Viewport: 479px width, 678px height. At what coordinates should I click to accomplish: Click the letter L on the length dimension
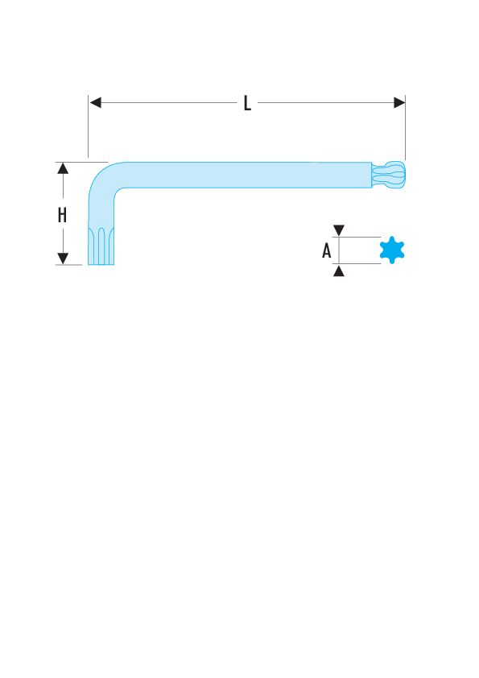tap(247, 103)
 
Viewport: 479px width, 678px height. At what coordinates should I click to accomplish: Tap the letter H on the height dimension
tap(62, 214)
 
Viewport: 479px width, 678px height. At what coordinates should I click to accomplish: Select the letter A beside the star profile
tap(326, 250)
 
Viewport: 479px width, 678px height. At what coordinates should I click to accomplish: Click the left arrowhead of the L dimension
tap(95, 102)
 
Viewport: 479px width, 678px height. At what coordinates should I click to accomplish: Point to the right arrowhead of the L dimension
tap(399, 102)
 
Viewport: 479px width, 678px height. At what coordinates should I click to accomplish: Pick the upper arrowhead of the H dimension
tap(63, 168)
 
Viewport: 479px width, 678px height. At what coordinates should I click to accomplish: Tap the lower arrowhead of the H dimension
tap(63, 258)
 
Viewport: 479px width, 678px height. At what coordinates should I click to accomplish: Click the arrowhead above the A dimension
tap(339, 230)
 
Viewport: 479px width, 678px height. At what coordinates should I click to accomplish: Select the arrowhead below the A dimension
tap(339, 271)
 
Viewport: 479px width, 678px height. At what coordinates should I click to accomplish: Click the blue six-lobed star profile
tap(392, 250)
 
